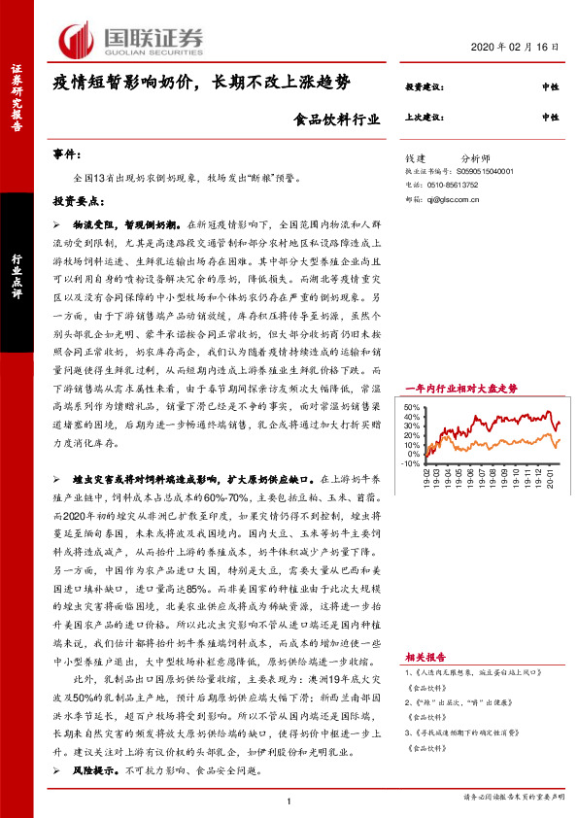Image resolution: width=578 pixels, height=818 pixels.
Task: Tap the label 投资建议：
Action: (425, 87)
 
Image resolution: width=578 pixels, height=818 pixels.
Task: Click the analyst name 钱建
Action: (417, 156)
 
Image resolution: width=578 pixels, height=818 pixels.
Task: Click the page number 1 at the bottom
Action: (289, 800)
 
